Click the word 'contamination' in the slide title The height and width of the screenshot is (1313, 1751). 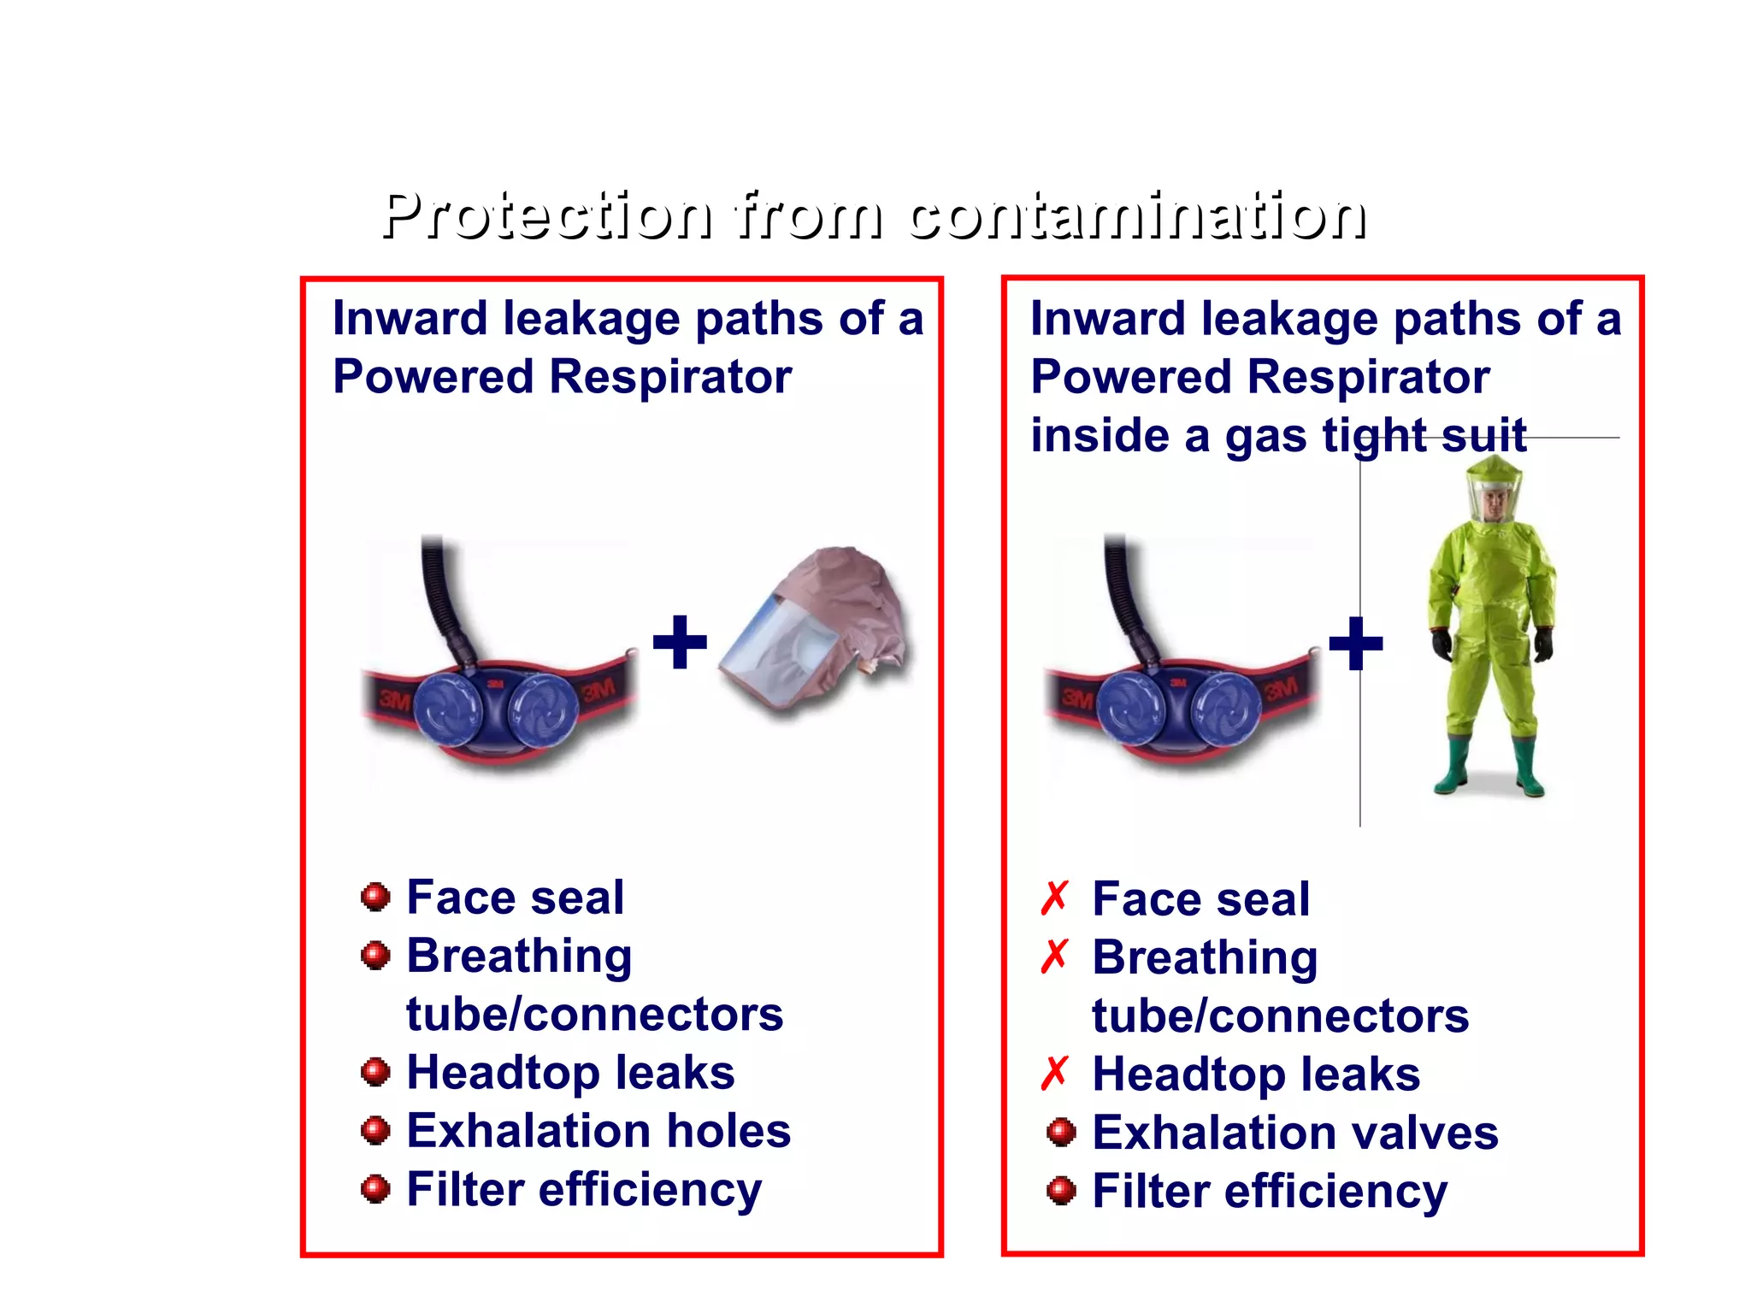1136,215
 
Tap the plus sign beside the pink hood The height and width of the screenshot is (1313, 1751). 680,642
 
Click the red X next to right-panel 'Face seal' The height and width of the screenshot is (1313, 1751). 1055,898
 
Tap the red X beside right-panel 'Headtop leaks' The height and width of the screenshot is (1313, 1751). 1055,1073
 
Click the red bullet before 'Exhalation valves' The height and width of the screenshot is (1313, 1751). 1061,1132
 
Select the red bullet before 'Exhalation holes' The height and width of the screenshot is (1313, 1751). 375,1130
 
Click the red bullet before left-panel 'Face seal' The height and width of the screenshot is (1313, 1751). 375,897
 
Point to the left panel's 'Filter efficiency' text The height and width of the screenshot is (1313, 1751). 584,1189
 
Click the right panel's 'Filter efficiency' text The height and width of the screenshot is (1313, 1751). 1270,1191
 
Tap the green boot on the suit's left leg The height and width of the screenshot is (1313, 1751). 1453,765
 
